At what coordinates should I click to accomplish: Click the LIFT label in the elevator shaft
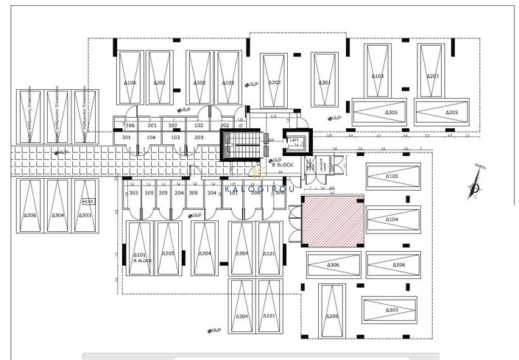294,139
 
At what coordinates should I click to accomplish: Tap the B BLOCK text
283,166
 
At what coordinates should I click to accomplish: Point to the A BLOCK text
141,261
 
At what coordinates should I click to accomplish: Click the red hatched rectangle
333,221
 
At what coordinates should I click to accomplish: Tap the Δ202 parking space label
275,82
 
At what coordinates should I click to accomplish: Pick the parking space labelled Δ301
325,83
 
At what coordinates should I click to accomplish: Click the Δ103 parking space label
377,76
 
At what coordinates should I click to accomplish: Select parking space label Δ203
432,76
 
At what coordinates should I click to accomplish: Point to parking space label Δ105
392,177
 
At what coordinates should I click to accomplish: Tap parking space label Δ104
392,219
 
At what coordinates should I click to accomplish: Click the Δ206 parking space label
332,316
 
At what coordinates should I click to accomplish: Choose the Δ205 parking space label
168,254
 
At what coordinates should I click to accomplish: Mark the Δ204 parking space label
205,254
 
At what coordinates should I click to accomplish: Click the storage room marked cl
240,126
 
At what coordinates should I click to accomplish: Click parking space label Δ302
199,83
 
